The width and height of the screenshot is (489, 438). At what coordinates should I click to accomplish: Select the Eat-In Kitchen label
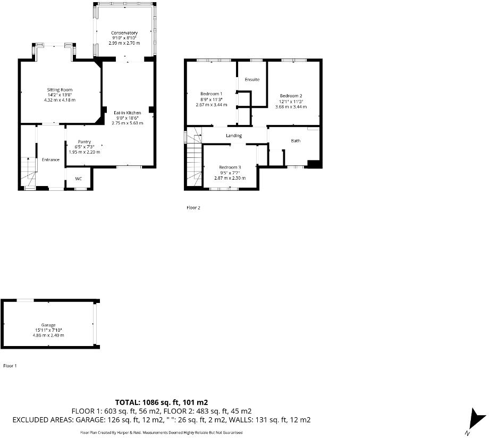click(x=127, y=113)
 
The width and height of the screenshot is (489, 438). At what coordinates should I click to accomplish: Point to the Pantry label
click(x=84, y=142)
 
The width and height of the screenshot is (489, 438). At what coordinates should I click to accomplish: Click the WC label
click(x=78, y=179)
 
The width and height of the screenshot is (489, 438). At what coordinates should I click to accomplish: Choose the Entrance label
click(x=51, y=159)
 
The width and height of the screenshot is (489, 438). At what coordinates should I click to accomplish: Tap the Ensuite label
click(x=252, y=80)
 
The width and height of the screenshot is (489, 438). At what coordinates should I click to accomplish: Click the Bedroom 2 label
click(x=291, y=96)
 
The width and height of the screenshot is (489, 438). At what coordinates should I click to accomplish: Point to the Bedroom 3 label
click(x=230, y=167)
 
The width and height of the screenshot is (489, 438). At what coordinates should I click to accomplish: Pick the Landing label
click(x=234, y=136)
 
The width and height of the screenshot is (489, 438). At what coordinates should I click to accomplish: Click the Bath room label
click(x=296, y=141)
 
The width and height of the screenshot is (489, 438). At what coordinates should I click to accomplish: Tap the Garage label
click(x=48, y=325)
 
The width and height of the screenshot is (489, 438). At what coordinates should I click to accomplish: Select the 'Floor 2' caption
click(x=193, y=208)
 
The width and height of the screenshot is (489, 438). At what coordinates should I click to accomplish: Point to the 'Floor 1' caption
click(x=11, y=366)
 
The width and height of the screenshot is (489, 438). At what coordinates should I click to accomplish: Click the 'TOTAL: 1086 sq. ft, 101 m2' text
click(x=165, y=402)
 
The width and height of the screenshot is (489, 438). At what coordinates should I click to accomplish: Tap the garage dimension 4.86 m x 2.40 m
click(x=48, y=335)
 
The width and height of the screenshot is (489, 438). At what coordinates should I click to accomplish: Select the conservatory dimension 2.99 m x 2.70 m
click(x=124, y=43)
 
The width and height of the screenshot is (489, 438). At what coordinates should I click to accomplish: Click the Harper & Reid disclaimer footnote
click(x=165, y=433)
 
